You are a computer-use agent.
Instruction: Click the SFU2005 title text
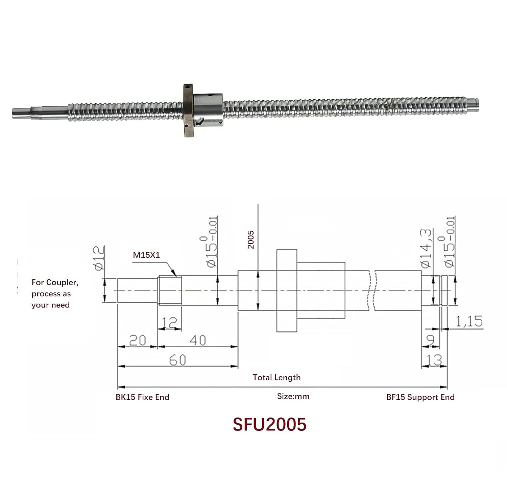click(x=269, y=425)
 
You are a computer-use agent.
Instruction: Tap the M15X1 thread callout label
click(x=146, y=255)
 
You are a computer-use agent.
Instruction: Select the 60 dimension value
click(x=177, y=360)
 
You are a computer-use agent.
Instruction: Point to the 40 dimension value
click(x=198, y=340)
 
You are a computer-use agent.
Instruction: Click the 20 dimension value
click(x=138, y=340)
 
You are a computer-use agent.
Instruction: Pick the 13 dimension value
click(x=434, y=360)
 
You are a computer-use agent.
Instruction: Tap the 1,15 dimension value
click(x=469, y=321)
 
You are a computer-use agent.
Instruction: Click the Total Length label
click(x=276, y=377)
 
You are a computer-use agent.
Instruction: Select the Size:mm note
click(x=293, y=396)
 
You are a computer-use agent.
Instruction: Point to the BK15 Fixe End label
click(x=142, y=397)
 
